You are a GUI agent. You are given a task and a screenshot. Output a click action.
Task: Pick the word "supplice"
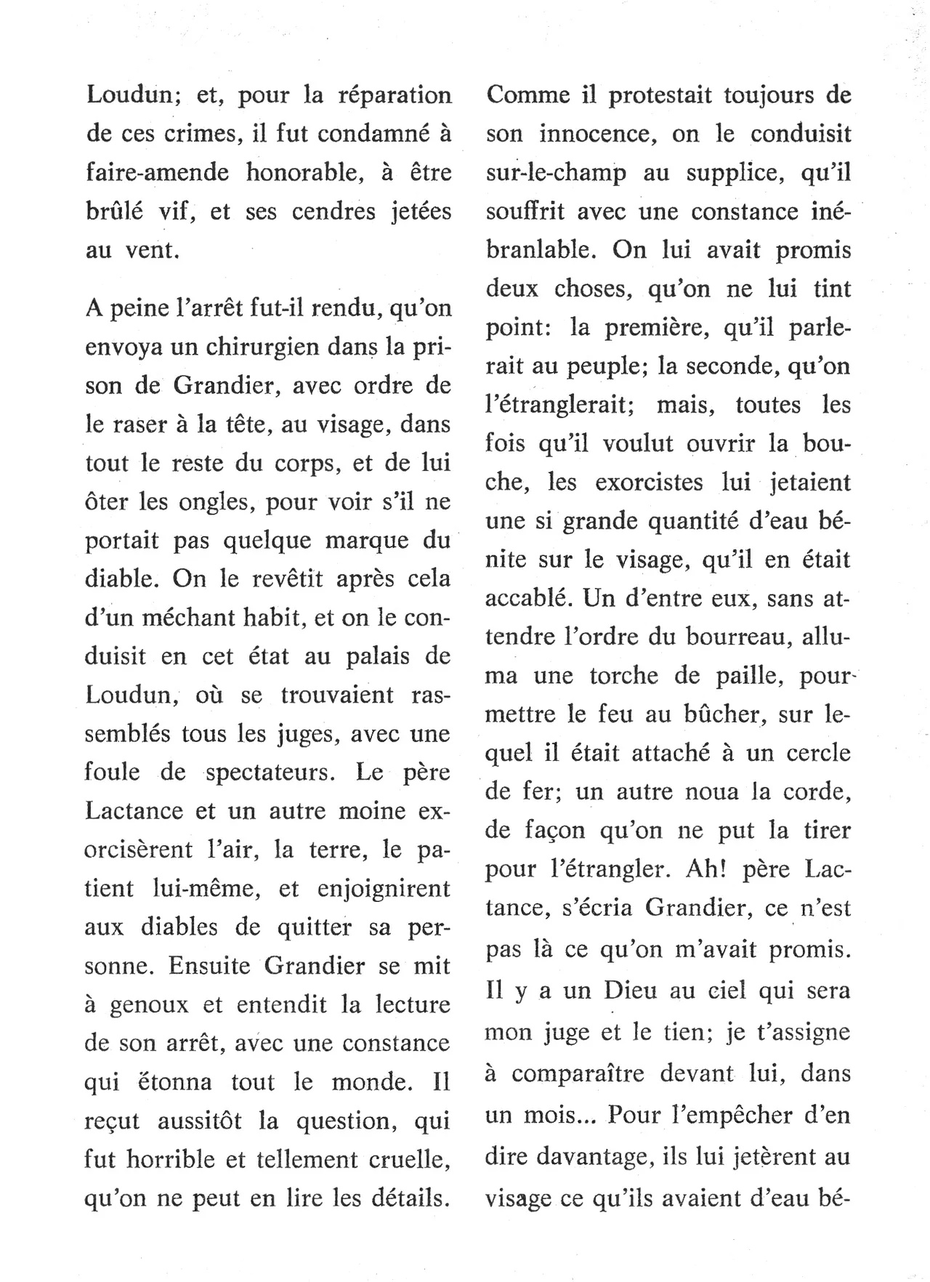728,173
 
